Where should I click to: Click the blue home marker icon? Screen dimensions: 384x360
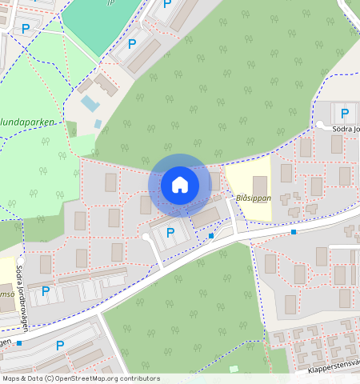click(x=180, y=186)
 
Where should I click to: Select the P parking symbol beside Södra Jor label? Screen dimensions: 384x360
click(x=345, y=114)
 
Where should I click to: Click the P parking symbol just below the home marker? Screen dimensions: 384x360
click(x=170, y=234)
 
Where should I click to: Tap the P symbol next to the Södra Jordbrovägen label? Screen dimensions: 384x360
click(x=46, y=291)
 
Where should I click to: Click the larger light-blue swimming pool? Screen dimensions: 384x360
click(x=90, y=104)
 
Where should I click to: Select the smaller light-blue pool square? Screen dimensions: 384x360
click(x=98, y=124)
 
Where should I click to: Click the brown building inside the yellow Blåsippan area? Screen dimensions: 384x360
click(x=260, y=189)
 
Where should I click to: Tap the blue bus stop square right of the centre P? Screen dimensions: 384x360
click(x=211, y=236)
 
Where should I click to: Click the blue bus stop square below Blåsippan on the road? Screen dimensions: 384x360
click(x=294, y=232)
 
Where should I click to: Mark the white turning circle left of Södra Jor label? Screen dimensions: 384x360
click(x=320, y=126)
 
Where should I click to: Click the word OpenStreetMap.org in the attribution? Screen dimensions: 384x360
click(x=101, y=378)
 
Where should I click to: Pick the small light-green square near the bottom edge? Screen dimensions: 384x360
click(x=234, y=369)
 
